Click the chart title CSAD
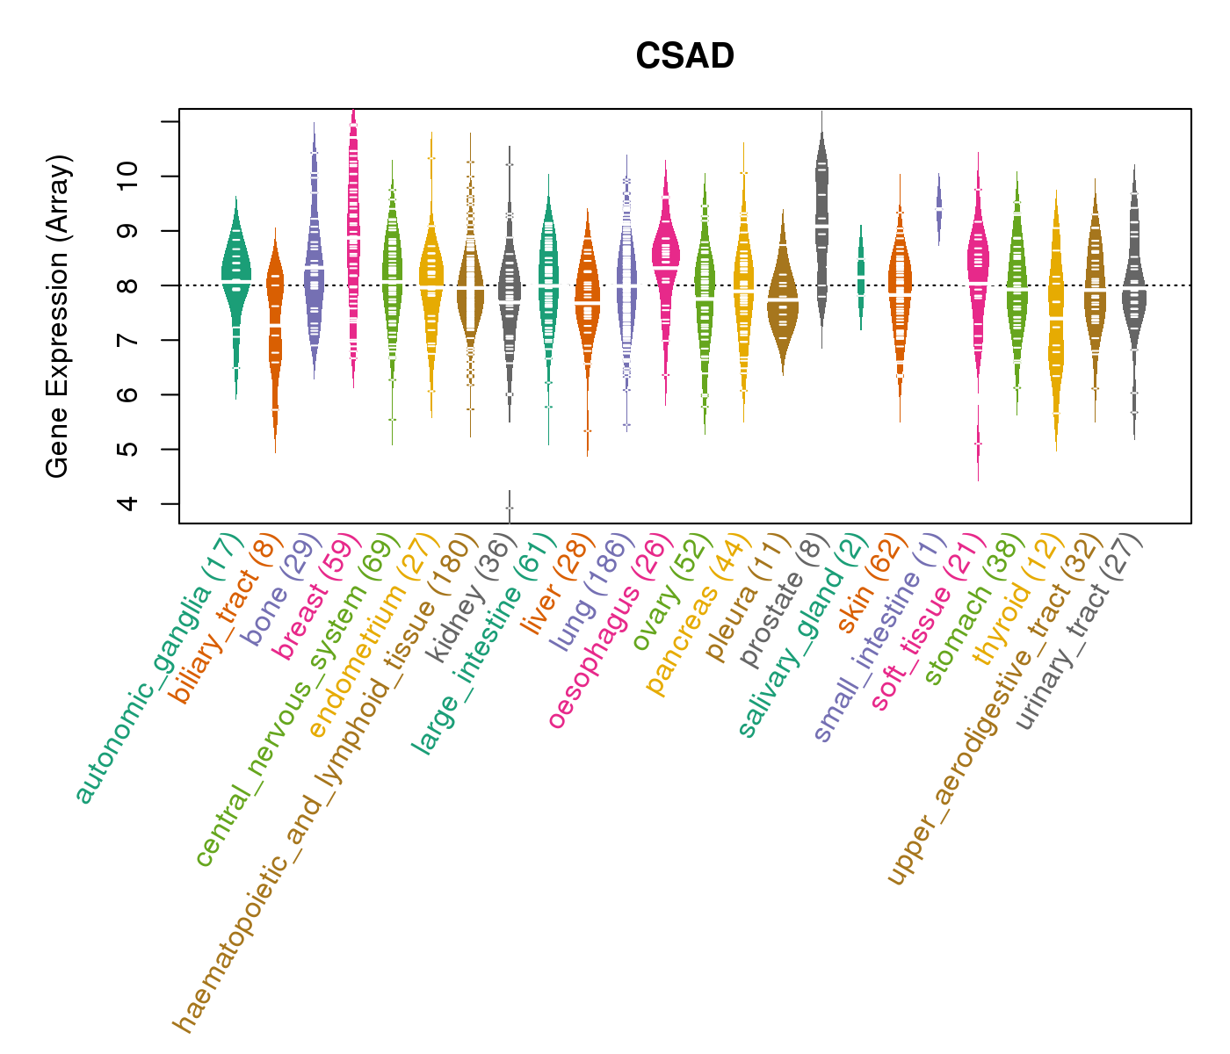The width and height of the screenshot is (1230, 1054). tap(684, 57)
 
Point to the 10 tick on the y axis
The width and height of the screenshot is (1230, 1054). tap(170, 177)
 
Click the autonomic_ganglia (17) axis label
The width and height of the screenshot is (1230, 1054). tap(158, 668)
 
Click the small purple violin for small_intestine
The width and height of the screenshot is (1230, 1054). tap(939, 209)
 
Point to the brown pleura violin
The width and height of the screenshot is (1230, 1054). tap(782, 299)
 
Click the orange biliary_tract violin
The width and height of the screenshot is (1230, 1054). tap(275, 325)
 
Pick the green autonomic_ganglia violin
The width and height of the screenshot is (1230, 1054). tap(235, 281)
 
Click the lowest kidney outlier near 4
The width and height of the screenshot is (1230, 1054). tap(509, 508)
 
